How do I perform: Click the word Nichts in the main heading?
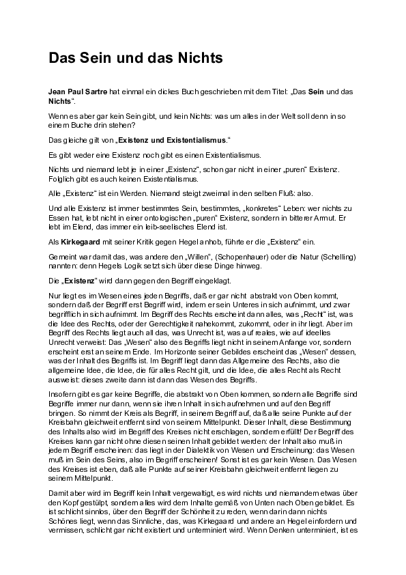(x=200, y=59)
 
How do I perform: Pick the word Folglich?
(x=61, y=179)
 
